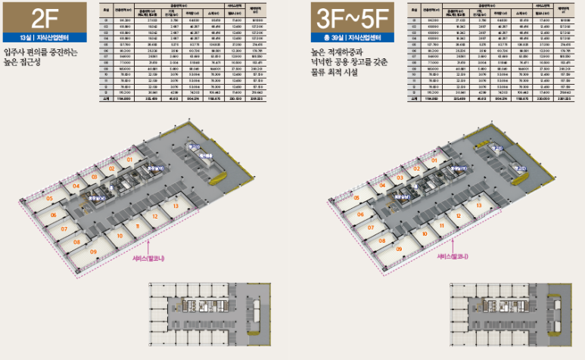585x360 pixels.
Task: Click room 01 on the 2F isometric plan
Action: click(129, 160)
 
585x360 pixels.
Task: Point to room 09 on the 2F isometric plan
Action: click(94, 251)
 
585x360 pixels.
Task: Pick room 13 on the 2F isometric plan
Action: click(176, 206)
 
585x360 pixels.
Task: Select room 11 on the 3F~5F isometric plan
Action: click(440, 225)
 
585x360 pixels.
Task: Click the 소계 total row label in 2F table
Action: click(107, 98)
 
